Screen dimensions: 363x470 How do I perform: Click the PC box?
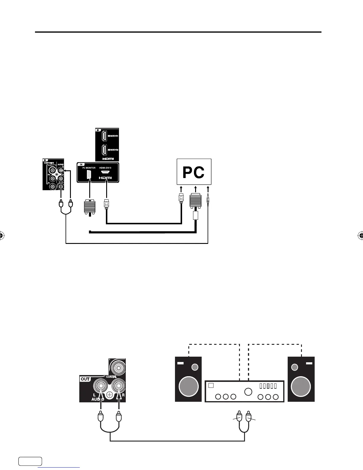pos(194,172)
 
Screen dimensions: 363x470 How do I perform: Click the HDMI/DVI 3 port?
pos(105,172)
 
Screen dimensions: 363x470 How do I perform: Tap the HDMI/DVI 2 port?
pos(104,150)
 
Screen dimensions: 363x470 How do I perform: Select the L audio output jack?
pos(101,386)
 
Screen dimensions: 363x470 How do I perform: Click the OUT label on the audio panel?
pos(85,379)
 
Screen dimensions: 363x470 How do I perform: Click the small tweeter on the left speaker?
pos(195,367)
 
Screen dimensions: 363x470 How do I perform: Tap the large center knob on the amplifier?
pos(248,391)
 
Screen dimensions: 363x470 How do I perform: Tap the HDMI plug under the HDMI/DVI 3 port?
pos(106,205)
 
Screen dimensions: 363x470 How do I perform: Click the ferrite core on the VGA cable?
pos(195,216)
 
